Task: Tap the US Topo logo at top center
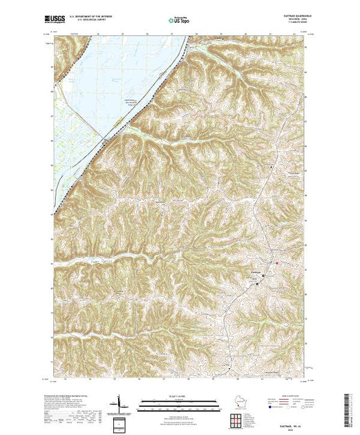click(180, 21)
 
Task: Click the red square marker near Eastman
click(277, 262)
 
